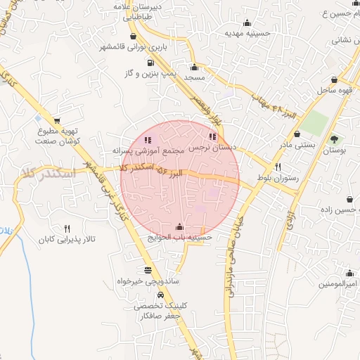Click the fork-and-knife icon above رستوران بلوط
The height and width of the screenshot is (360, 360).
pos(279,167)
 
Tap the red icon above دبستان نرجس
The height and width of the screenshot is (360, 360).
pos(213,137)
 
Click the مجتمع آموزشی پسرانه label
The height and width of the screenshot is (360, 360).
pos(148,150)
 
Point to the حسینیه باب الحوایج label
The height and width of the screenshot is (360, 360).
pos(179,237)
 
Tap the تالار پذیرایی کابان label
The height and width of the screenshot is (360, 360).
pos(67,240)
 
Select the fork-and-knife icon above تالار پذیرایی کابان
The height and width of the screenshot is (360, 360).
pos(67,229)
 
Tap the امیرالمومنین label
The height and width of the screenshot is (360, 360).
pos(339,284)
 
